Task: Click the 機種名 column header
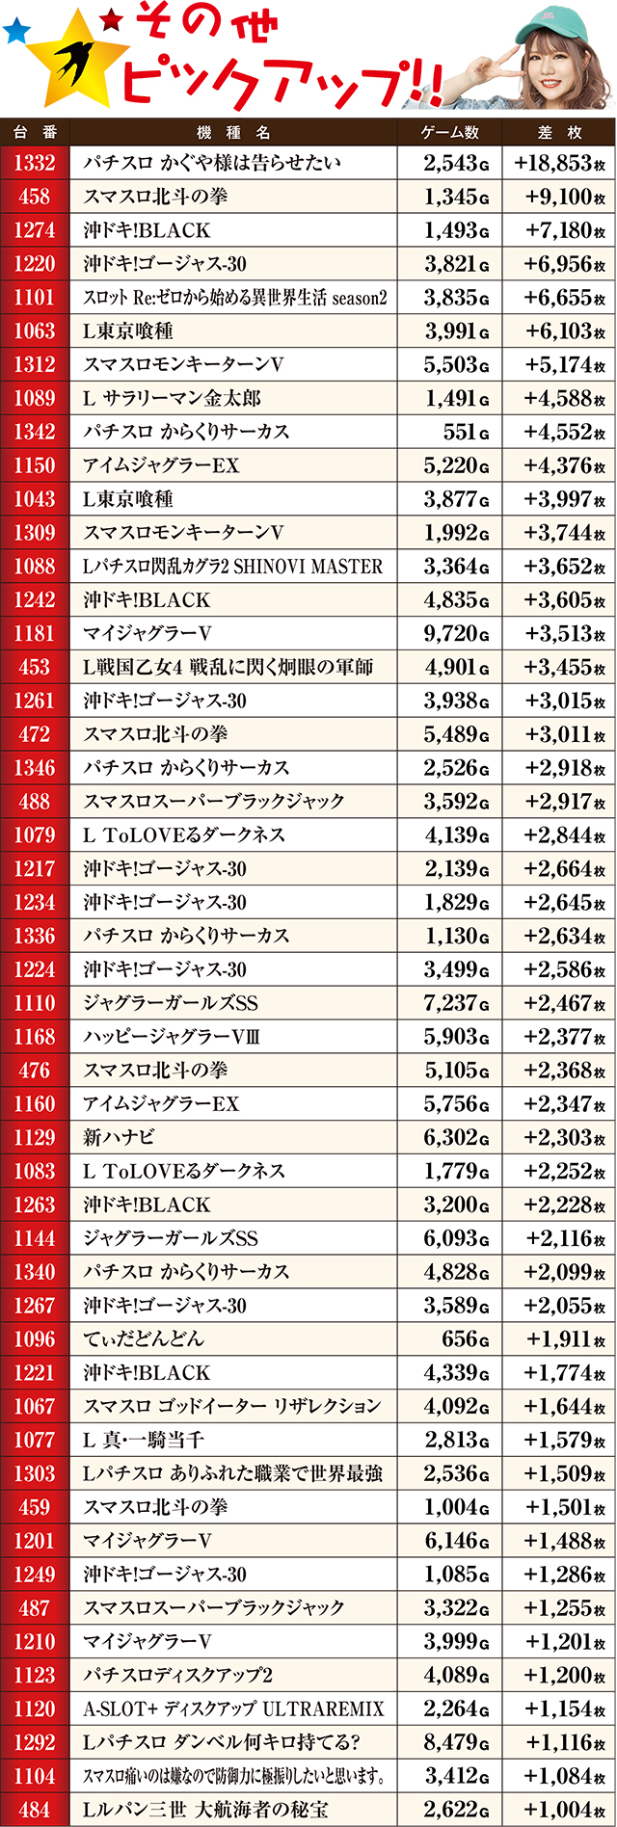pyautogui.click(x=233, y=132)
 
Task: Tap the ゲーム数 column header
pyautogui.click(x=450, y=132)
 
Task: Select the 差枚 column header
pyautogui.click(x=559, y=132)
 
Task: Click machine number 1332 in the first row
pyautogui.click(x=35, y=163)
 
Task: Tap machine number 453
pyautogui.click(x=35, y=667)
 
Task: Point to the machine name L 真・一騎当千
pyautogui.click(x=144, y=1440)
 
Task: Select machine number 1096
pyautogui.click(x=35, y=1338)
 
